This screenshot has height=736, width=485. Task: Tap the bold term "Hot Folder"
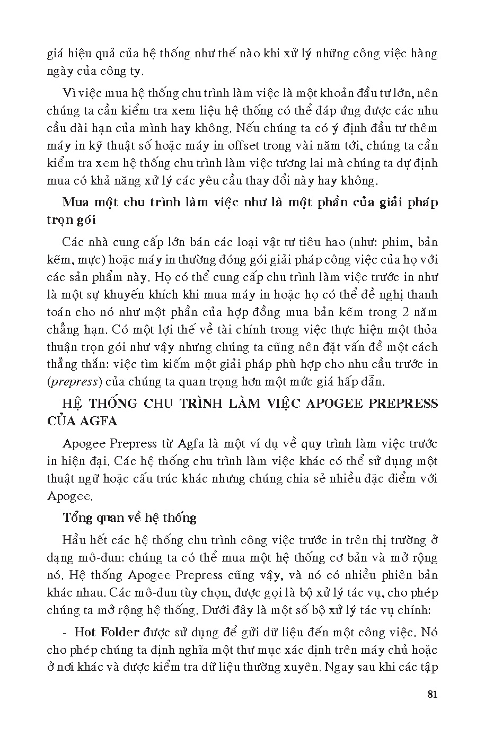click(107, 632)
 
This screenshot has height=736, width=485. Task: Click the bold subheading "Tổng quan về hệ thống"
click(129, 518)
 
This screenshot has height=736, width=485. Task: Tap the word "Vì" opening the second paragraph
click(69, 93)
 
